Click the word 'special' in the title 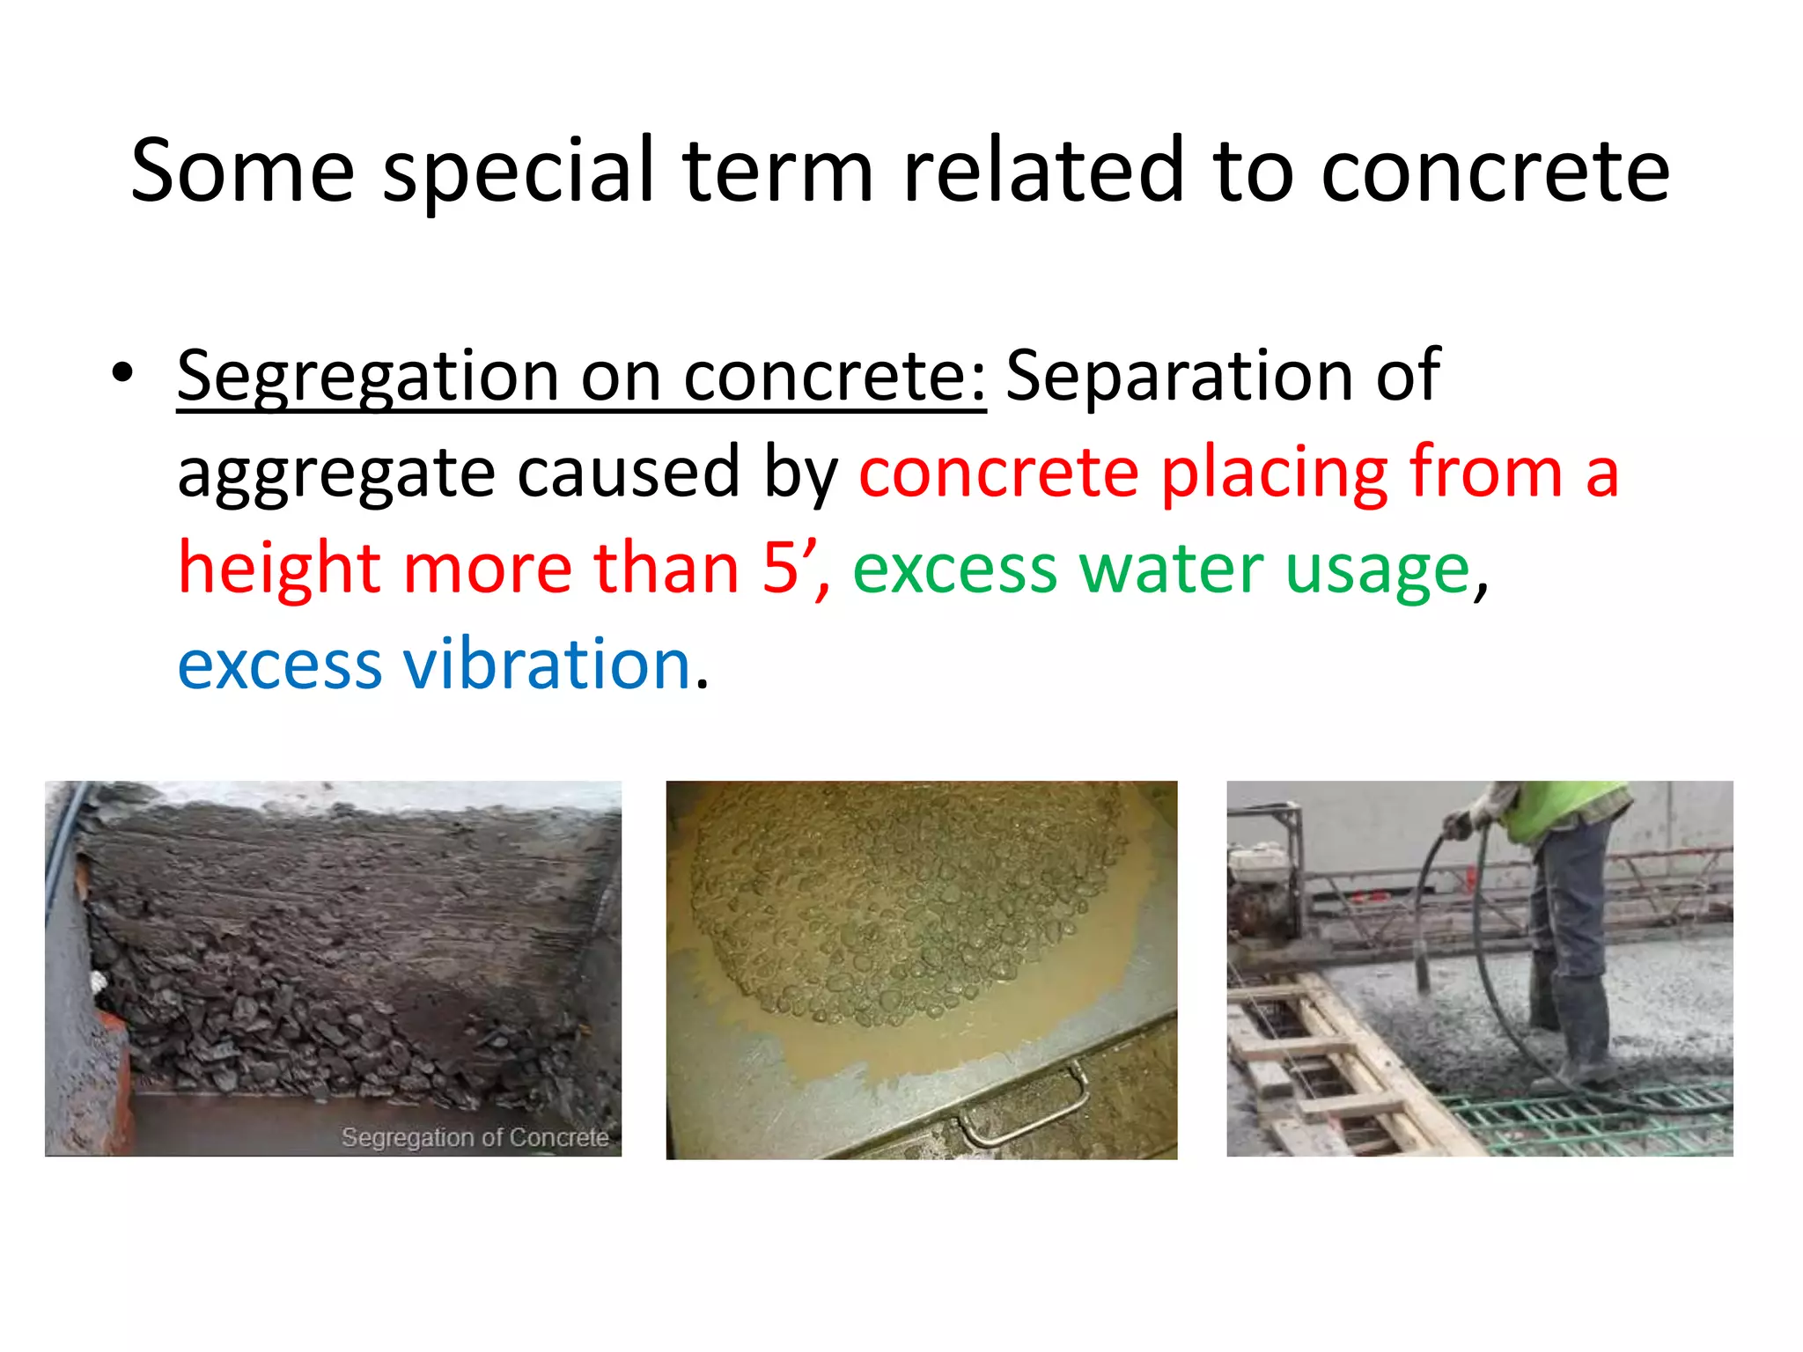pyautogui.click(x=519, y=172)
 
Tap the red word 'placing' pyautogui.click(x=1273, y=474)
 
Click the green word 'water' pyautogui.click(x=1172, y=569)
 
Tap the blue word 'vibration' pyautogui.click(x=546, y=664)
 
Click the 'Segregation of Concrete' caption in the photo pyautogui.click(x=475, y=1137)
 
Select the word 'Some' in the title pyautogui.click(x=243, y=172)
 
